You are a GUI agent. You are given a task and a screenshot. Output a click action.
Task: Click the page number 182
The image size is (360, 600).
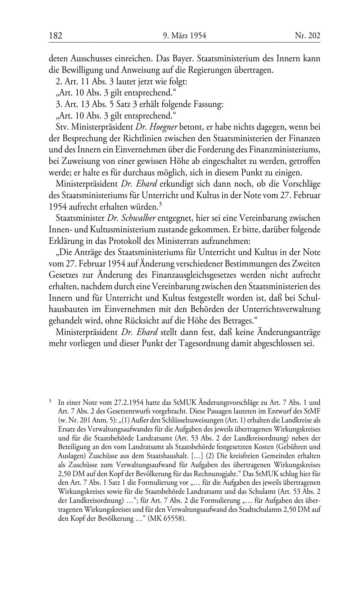click(x=56, y=36)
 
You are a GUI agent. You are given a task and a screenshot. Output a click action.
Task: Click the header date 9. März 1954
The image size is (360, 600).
click(x=184, y=36)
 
